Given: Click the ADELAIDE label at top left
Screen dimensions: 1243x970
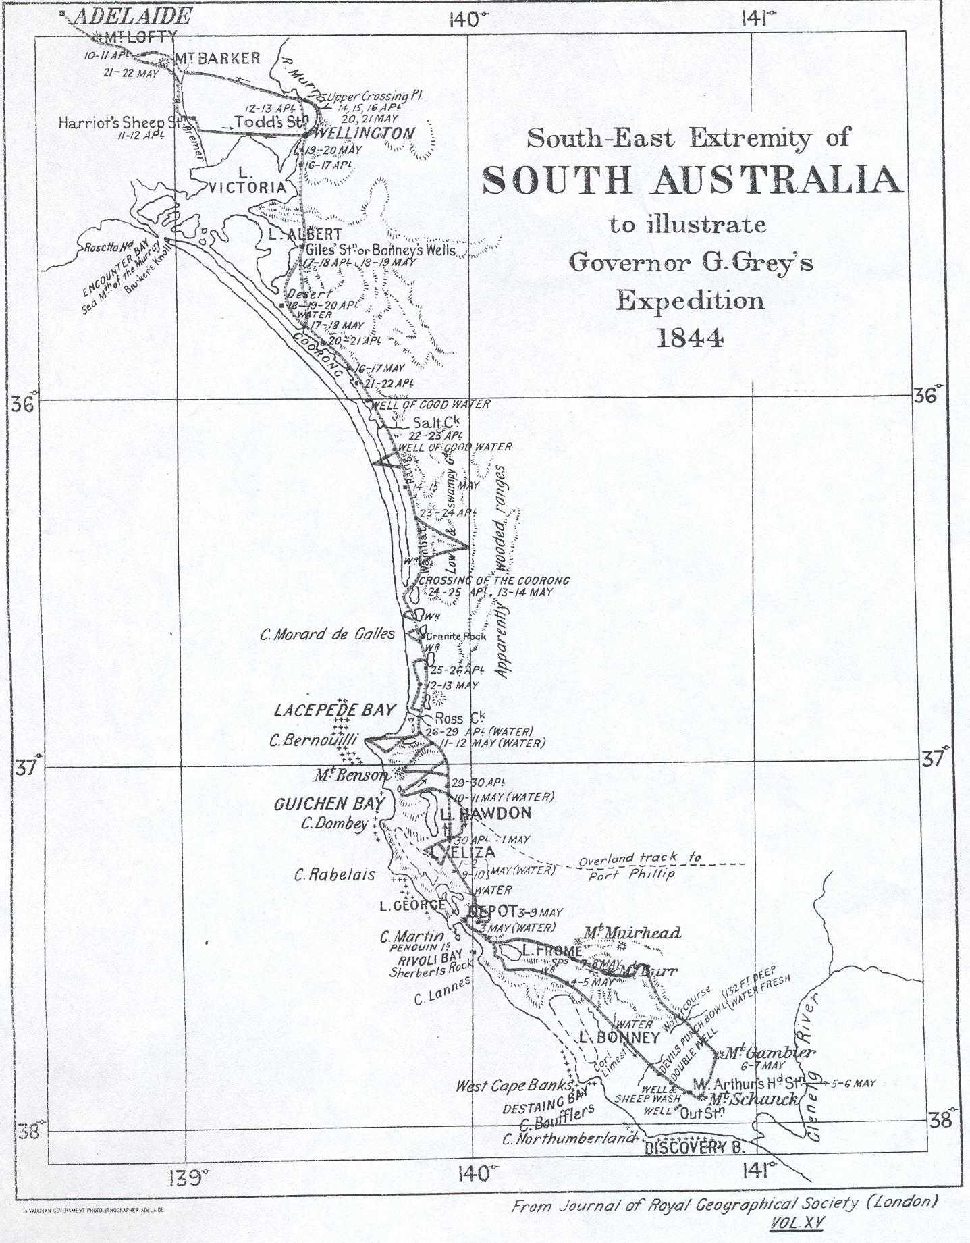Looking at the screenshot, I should [x=132, y=16].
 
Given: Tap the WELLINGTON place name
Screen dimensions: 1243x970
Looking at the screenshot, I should [x=365, y=133].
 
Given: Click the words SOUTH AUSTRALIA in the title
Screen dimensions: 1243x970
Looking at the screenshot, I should [x=692, y=180].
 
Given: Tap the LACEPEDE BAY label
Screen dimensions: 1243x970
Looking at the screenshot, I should [x=334, y=710].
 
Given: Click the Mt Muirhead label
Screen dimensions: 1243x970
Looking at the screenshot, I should [x=632, y=933].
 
